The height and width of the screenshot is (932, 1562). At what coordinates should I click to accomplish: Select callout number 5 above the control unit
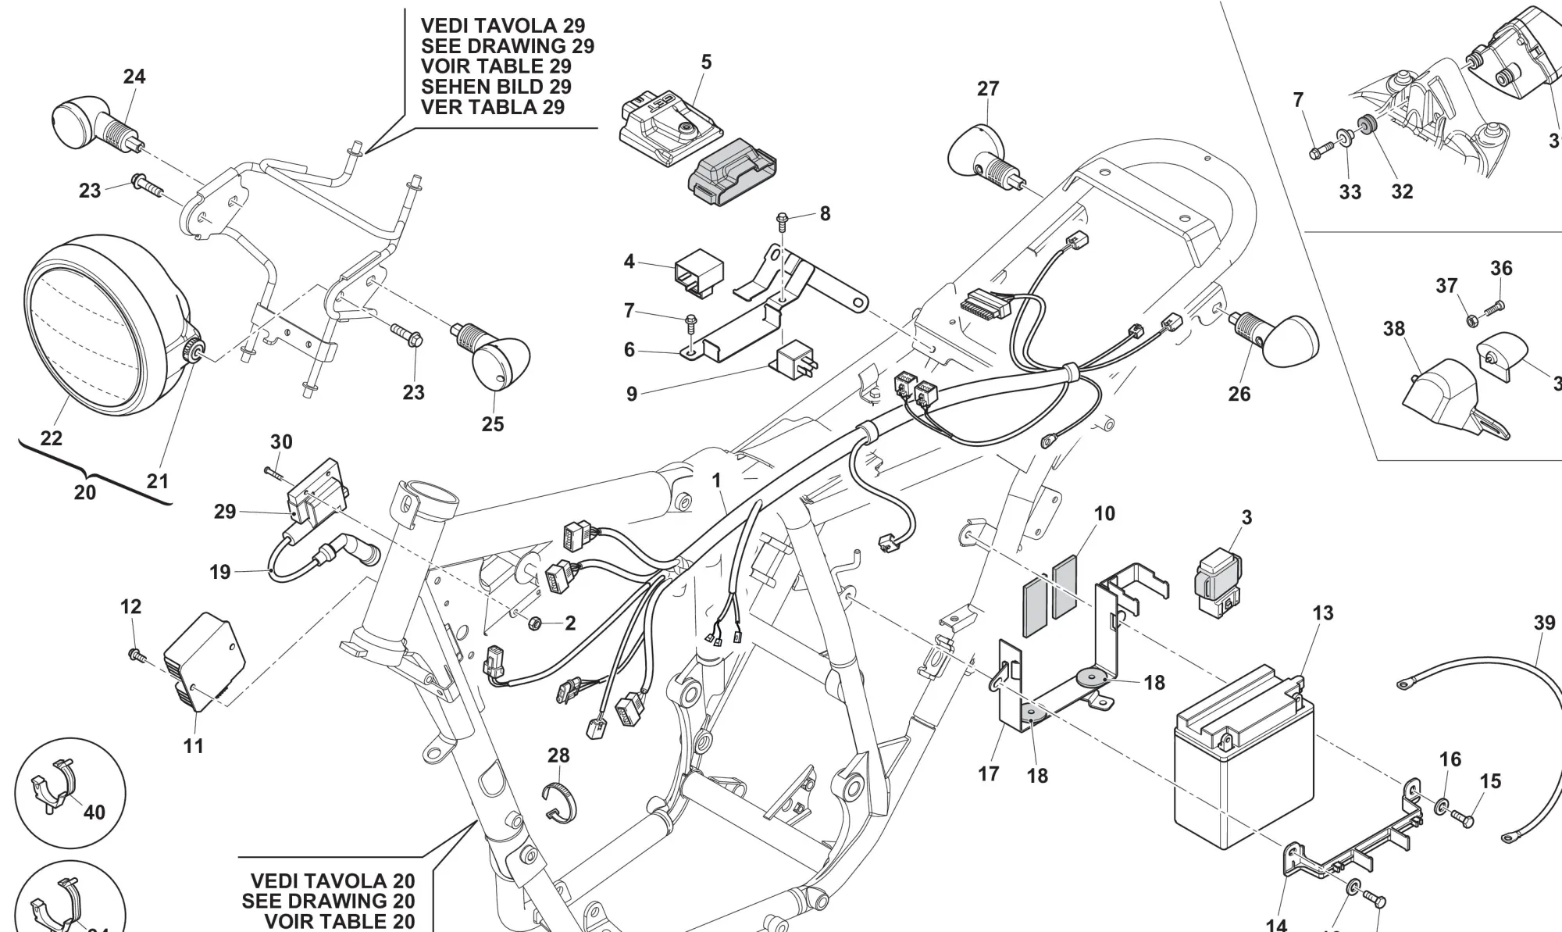click(x=706, y=62)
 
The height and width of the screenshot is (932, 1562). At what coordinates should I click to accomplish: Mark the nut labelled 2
click(x=535, y=623)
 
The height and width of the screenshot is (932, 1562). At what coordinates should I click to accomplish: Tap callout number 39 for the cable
click(x=1544, y=623)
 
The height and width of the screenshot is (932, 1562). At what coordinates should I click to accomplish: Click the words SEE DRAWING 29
click(x=507, y=46)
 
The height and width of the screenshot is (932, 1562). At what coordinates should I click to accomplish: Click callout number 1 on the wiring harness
click(x=716, y=480)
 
